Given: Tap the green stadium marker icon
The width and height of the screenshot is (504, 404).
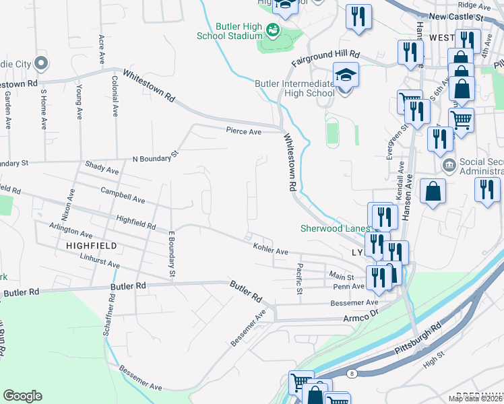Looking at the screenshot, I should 273,30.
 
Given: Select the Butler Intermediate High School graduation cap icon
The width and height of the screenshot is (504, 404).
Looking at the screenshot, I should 345,75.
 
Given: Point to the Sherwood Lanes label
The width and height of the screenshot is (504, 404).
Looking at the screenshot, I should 330,228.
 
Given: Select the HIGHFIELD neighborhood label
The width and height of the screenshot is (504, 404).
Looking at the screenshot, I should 92,246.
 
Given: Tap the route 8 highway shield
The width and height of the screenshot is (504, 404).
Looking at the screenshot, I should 352,373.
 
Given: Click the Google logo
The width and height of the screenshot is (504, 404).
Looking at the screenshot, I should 22,396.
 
